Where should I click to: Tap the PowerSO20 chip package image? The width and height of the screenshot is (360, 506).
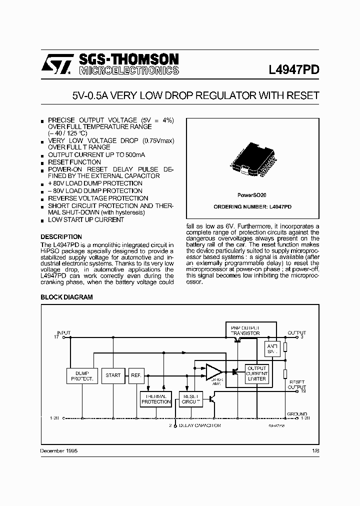pyautogui.click(x=252, y=160)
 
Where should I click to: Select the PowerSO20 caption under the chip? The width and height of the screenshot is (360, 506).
pyautogui.click(x=252, y=195)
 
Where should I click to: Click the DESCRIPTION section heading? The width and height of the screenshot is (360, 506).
pyautogui.click(x=61, y=237)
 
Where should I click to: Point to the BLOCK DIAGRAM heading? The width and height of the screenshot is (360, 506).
pyautogui.click(x=66, y=297)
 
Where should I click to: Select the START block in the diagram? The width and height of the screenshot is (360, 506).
pyautogui.click(x=113, y=375)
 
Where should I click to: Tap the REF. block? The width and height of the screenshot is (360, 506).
pyautogui.click(x=136, y=375)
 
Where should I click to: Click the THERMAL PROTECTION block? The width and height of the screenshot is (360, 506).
pyautogui.click(x=156, y=398)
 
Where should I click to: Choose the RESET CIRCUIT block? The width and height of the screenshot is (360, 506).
pyautogui.click(x=189, y=398)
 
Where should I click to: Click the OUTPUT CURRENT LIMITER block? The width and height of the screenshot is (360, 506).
pyautogui.click(x=257, y=373)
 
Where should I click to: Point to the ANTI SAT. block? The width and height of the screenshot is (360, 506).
pyautogui.click(x=271, y=348)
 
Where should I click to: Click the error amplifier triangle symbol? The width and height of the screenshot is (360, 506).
pyautogui.click(x=214, y=372)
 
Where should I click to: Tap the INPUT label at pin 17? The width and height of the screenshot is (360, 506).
pyautogui.click(x=63, y=332)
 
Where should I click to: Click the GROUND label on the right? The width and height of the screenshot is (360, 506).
pyautogui.click(x=297, y=414)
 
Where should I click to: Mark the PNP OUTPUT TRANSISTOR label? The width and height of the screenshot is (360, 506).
pyautogui.click(x=245, y=330)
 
